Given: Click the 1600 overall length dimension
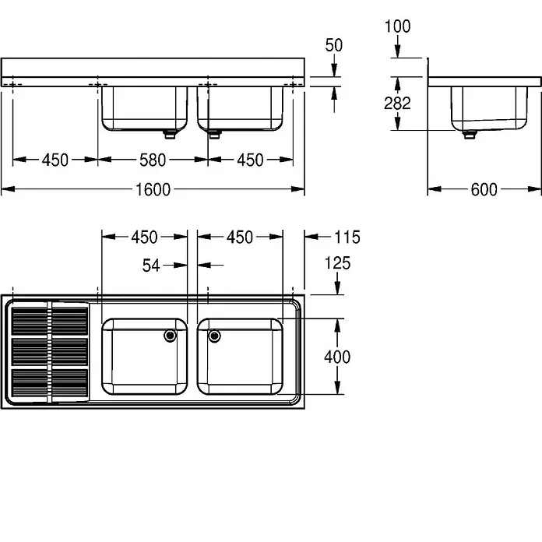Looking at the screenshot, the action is coord(153,190).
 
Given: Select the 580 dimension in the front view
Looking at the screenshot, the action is coord(153,160).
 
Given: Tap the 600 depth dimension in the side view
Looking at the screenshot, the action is coord(484,190).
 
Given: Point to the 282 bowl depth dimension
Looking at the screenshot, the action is coord(397,104).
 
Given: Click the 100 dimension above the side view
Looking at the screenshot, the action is coord(397,26).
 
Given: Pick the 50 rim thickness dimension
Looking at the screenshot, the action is coord(334,45).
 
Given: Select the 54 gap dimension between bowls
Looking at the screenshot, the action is coord(151,266).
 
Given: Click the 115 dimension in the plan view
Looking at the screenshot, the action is coord(347,237).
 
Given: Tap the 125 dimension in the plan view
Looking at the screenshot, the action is coord(337,263).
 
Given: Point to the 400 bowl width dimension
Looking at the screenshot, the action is coord(337,357).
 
